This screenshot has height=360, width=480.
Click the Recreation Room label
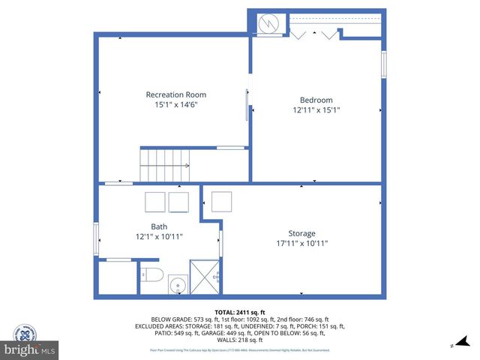click(175, 94)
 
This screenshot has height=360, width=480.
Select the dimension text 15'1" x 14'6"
click(175, 105)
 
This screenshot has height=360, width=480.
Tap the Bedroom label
click(316, 100)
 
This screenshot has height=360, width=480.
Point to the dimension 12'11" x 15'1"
click(316, 110)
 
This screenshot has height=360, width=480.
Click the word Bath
click(159, 226)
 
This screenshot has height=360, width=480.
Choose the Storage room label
click(301, 233)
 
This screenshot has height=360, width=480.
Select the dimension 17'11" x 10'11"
click(301, 243)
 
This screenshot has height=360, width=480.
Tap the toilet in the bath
click(152, 274)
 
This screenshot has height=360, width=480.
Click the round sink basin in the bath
click(177, 286)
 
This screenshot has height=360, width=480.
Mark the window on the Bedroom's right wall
click(383, 64)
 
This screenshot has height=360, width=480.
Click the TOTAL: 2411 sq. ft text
click(240, 310)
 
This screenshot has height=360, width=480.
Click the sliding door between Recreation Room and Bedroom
click(248, 105)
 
